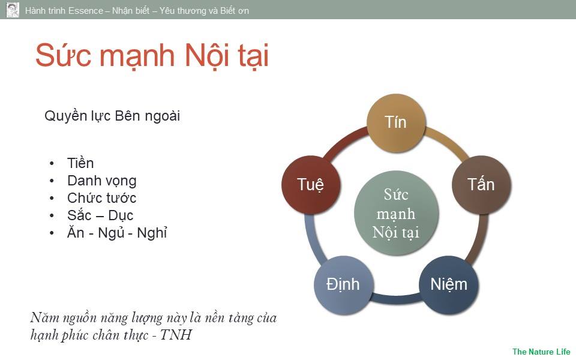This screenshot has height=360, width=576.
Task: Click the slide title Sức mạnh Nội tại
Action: coord(152,56)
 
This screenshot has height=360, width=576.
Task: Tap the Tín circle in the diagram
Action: coord(396,122)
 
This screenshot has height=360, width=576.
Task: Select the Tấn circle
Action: coord(481,184)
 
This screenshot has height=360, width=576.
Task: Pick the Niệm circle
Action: coord(449,284)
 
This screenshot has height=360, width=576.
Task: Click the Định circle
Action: coord(343,284)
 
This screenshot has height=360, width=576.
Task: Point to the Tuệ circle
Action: coord(311,184)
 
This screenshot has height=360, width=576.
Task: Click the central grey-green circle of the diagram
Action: coord(396,213)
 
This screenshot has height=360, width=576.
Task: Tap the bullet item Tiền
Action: coord(80,163)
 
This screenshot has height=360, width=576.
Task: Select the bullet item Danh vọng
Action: coord(102,181)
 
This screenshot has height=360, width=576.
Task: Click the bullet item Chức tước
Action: coord(102,198)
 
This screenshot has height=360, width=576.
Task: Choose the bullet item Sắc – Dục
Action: coord(100,215)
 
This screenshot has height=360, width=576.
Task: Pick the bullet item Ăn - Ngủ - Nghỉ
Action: coord(117,233)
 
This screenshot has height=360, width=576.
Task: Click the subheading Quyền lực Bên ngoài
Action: coord(112,116)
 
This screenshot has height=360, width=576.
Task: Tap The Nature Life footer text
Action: coord(541,352)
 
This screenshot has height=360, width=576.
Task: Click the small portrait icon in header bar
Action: coord(13,10)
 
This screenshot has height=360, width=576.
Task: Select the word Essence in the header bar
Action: coord(86,11)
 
